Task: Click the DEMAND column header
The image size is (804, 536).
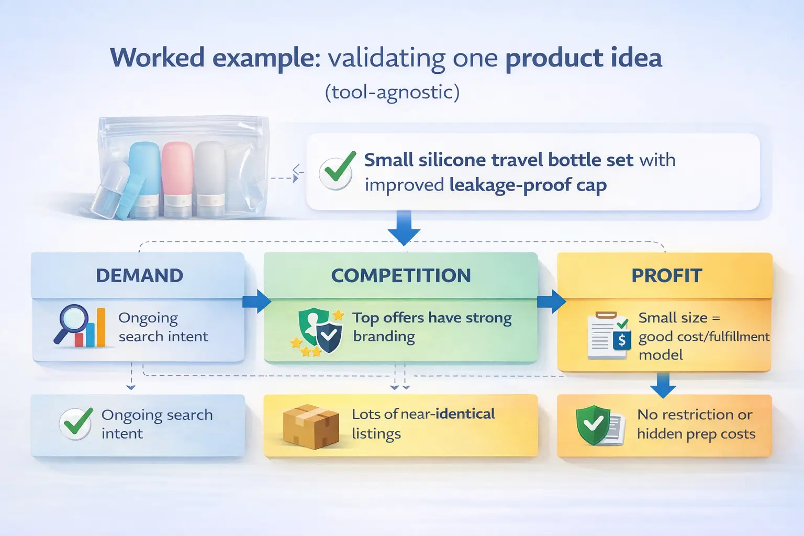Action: coord(139,275)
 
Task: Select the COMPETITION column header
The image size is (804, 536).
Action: coord(401,275)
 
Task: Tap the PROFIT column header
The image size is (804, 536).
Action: coord(666,275)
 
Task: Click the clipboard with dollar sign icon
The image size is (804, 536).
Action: coord(608,336)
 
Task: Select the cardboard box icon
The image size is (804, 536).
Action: coord(310,426)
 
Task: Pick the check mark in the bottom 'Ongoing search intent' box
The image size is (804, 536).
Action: coord(76,423)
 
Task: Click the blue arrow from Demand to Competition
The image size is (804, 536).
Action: coord(256,302)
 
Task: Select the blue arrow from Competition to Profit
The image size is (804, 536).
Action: coord(551,302)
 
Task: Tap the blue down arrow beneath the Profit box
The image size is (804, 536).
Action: coord(663,386)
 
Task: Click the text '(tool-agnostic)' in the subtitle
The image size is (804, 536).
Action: coord(392,92)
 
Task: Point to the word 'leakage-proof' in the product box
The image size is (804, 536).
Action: coord(502,185)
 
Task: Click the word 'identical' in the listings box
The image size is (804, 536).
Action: coord(465,414)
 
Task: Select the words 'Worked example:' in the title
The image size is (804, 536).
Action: coord(215,58)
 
